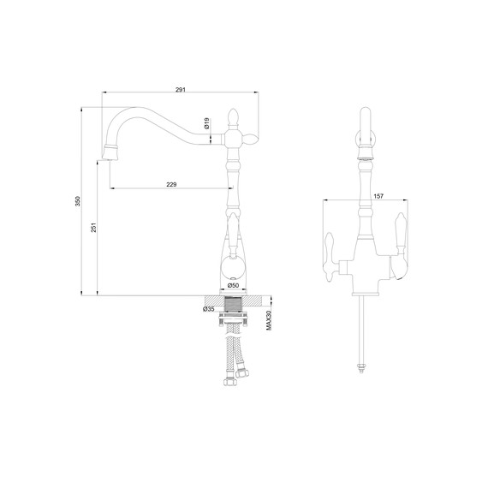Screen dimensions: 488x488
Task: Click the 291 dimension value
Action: (x=180, y=90)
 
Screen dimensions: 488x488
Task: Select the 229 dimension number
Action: (x=171, y=185)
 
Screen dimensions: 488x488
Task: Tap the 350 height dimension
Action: (x=78, y=201)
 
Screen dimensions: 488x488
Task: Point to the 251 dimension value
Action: (x=93, y=227)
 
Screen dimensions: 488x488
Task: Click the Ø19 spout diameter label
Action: (x=206, y=123)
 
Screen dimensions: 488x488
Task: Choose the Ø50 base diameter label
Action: (x=233, y=285)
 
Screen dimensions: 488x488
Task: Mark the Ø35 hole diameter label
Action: (x=209, y=309)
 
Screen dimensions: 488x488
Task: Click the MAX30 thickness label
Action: (x=269, y=320)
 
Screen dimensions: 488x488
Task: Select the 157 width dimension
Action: (x=378, y=196)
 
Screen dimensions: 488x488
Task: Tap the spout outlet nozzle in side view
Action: (x=110, y=152)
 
